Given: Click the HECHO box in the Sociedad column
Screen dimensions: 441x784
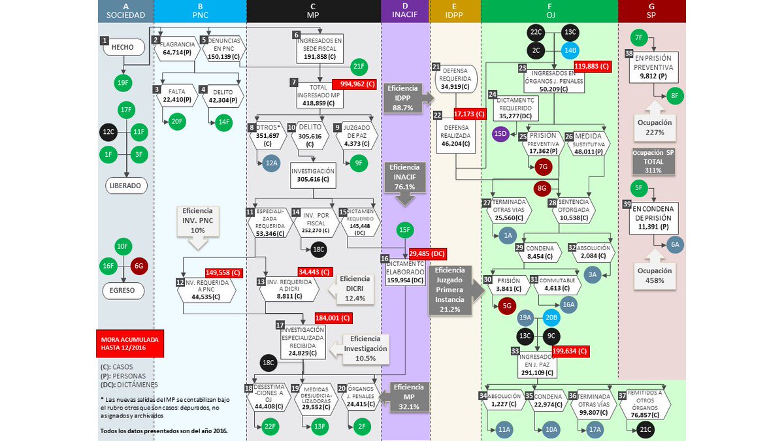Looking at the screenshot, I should click(122, 48).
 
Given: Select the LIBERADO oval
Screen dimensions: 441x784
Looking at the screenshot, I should click(125, 185).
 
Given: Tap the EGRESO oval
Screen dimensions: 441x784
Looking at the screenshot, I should click(123, 290).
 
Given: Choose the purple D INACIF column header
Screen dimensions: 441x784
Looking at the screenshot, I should click(406, 11).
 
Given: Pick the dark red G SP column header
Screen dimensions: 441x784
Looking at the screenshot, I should click(651, 11).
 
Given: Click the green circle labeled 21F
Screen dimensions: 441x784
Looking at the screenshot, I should click(358, 66).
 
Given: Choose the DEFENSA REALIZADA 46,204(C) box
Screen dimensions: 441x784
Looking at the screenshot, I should click(456, 135).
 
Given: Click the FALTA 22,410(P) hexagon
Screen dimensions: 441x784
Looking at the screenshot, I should click(176, 95).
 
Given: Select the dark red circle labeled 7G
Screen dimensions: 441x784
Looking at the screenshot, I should click(542, 167).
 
